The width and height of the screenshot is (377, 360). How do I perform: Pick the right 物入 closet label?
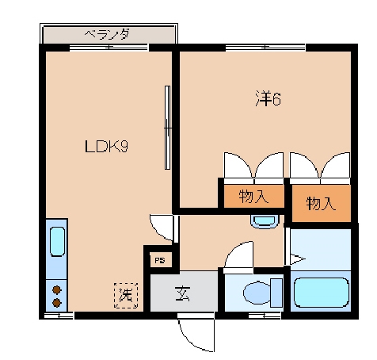[321, 203]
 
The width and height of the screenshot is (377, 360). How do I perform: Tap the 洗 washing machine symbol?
[125, 295]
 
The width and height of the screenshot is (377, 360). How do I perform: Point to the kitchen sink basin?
[56, 241]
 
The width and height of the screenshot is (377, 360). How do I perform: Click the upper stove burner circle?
[57, 289]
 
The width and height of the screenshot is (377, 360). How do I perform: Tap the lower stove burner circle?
[57, 302]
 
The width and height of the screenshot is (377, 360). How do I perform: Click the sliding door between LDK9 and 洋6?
[167, 127]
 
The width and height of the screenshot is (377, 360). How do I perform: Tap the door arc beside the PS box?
[162, 228]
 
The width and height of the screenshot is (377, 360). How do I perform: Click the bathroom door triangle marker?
[296, 257]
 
